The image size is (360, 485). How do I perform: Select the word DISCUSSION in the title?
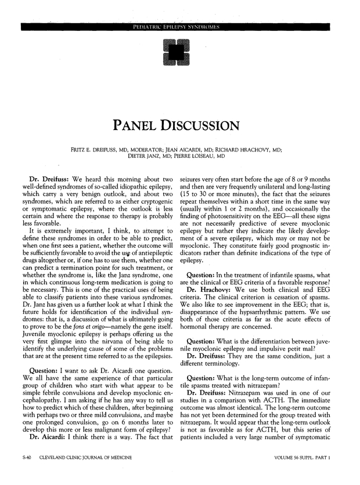[x=201, y=125]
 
